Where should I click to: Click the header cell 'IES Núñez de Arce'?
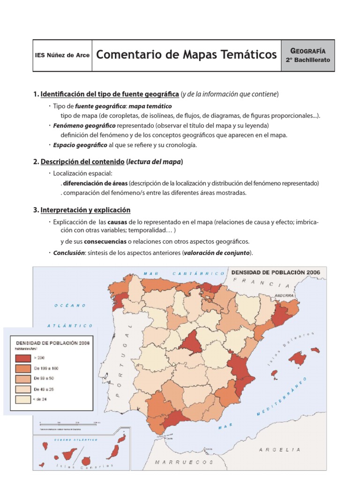[62, 55]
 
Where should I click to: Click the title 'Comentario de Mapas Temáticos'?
[186, 55]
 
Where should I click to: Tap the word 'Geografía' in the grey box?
[308, 51]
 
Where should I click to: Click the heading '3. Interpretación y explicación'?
[82, 210]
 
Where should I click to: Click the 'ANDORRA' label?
[284, 296]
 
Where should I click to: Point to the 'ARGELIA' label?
[279, 450]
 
